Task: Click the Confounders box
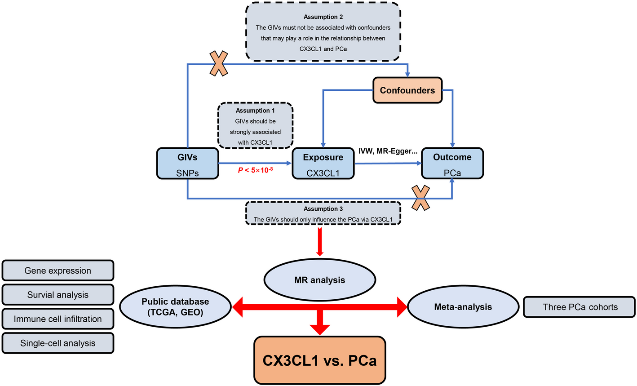(x=407, y=90)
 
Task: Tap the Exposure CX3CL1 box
(x=323, y=164)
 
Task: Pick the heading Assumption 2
(x=323, y=17)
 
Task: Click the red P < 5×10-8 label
(x=255, y=172)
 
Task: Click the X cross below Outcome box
(x=421, y=198)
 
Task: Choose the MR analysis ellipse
(x=320, y=280)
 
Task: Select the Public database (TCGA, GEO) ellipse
(x=176, y=307)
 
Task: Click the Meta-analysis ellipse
(x=463, y=307)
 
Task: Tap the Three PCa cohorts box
(x=580, y=307)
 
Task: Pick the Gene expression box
(x=58, y=271)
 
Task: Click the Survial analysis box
(x=58, y=295)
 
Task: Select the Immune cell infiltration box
(x=58, y=319)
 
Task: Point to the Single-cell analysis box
(x=58, y=343)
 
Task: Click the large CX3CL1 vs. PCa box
(x=319, y=361)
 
